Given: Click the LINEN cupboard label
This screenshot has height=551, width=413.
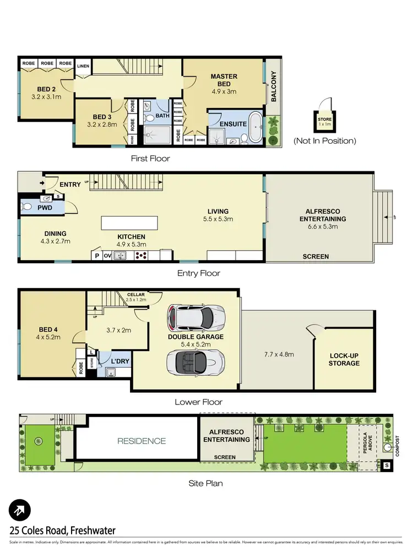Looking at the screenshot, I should [83, 67].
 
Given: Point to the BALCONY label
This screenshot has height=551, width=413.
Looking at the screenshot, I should [273, 87].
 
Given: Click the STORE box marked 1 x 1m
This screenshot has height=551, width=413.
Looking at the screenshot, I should [324, 120].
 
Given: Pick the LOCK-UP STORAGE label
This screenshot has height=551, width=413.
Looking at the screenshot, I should [344, 359].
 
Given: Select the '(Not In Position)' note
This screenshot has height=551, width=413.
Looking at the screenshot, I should [324, 141].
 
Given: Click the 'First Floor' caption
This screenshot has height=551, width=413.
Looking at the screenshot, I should [150, 158].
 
